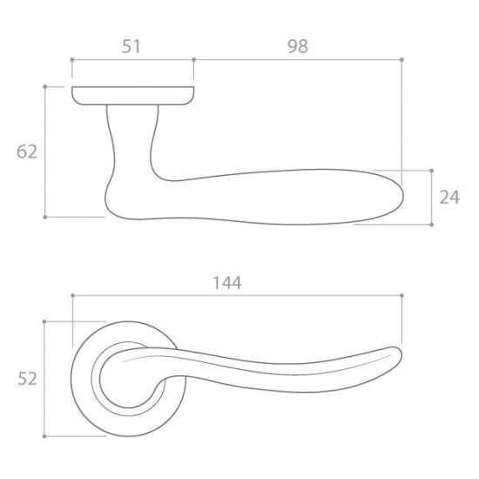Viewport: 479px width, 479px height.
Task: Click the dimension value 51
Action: point(131,46)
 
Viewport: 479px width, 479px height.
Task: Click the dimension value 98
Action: point(298,46)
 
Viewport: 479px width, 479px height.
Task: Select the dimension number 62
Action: point(27,152)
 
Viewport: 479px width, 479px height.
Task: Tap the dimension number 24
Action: point(449,197)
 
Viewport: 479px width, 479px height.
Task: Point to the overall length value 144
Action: point(227,283)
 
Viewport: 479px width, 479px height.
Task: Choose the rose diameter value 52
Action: point(27,379)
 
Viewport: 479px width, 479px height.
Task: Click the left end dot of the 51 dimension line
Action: point(72,59)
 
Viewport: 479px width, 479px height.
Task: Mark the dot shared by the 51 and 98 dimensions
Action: point(193,59)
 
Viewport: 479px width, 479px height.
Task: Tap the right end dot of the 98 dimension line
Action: point(401,59)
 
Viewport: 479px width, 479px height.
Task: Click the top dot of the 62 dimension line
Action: point(45,87)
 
